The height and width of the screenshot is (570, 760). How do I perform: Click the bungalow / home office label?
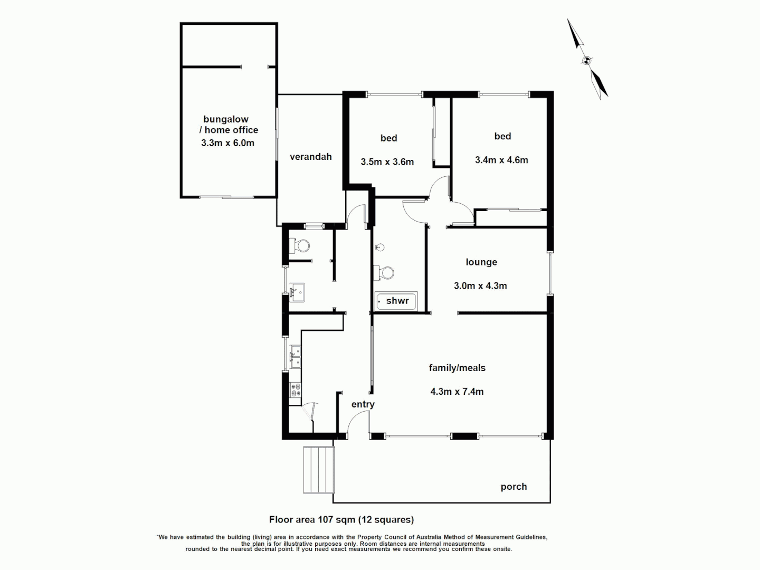click(231, 125)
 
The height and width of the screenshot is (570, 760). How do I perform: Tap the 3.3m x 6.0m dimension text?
click(227, 143)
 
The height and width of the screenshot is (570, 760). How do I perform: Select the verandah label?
click(310, 157)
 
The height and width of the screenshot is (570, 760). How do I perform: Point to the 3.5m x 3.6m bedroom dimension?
click(387, 162)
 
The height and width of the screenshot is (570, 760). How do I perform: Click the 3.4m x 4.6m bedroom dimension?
click(501, 160)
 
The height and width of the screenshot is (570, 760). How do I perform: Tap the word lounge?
click(481, 262)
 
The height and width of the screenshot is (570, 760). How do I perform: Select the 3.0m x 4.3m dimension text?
click(480, 286)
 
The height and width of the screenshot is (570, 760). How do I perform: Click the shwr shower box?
click(397, 301)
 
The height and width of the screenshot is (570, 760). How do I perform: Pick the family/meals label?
click(457, 368)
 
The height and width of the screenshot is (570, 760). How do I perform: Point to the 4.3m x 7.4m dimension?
click(457, 392)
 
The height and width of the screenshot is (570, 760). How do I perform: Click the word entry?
click(363, 404)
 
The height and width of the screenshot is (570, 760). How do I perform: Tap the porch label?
click(514, 487)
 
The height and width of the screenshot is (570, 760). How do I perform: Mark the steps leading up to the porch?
click(319, 469)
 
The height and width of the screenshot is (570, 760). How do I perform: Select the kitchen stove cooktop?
click(295, 390)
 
